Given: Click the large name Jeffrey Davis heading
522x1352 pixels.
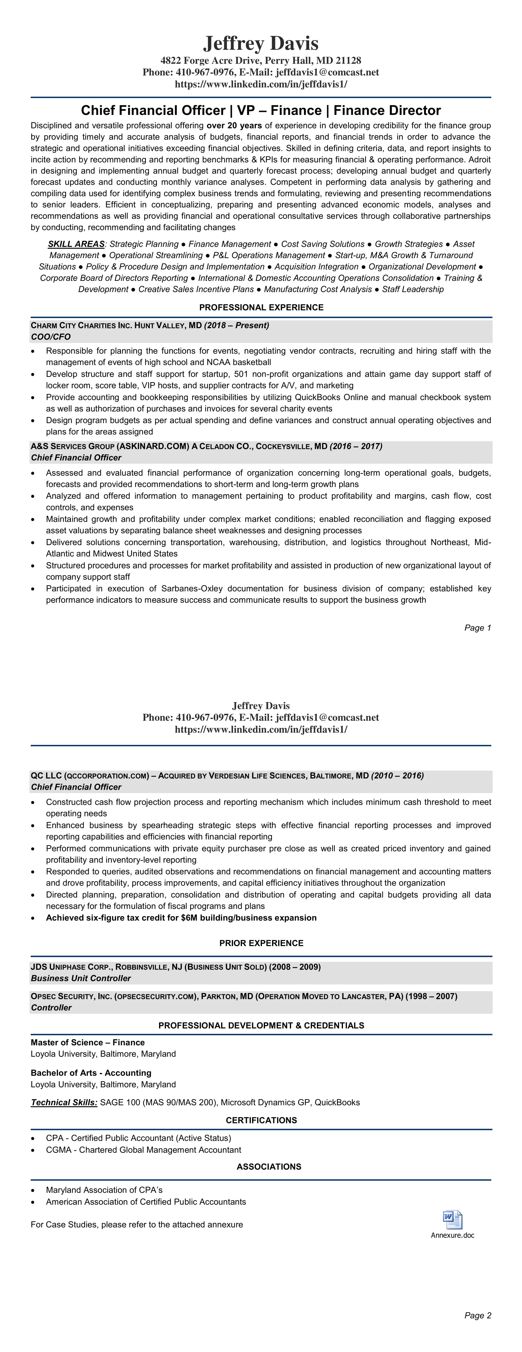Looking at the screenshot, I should click(x=261, y=43).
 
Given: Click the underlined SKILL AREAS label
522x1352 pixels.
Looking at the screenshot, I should click(x=76, y=244).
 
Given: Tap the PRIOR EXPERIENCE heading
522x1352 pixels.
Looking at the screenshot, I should click(x=261, y=943).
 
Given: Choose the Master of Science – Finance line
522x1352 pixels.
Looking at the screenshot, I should click(x=88, y=1042).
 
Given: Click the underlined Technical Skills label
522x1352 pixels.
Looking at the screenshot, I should click(x=64, y=1102).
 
